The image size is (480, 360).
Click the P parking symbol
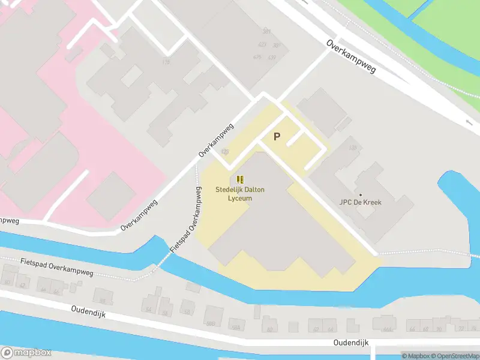[x=277, y=136]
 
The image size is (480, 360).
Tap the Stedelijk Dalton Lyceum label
[x=240, y=194]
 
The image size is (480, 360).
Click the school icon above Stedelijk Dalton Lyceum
[x=240, y=179]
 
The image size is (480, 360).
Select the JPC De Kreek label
[x=360, y=202]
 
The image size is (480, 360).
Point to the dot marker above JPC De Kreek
[x=360, y=194]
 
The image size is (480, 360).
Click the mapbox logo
[x=26, y=353]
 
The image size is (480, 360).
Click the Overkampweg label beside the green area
[x=351, y=57]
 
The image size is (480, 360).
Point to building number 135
[x=352, y=147]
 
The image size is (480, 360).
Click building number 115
[x=166, y=62]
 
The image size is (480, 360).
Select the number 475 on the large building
[x=257, y=57]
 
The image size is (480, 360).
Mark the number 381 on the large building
[x=266, y=31]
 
